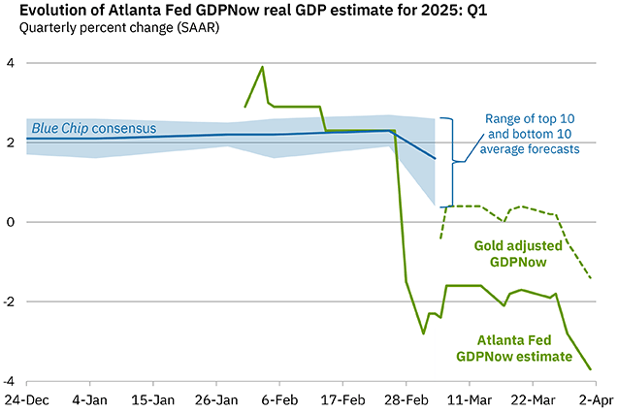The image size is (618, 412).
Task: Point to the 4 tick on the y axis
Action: [x=10, y=63]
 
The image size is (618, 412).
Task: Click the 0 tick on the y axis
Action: [x=10, y=222]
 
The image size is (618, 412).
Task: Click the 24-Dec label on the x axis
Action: [x=27, y=399]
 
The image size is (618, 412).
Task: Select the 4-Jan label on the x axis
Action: [x=90, y=399]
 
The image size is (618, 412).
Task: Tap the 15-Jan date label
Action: [x=153, y=399]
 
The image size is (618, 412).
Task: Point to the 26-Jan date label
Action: [x=217, y=399]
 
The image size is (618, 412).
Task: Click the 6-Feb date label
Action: [x=280, y=399]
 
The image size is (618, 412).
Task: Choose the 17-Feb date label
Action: [x=343, y=399]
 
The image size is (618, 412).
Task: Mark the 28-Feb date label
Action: [x=407, y=399]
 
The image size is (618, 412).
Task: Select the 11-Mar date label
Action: [x=471, y=399]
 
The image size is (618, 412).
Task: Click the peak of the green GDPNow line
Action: [x=262, y=67]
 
